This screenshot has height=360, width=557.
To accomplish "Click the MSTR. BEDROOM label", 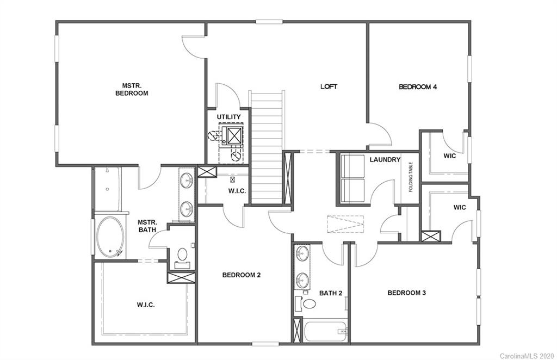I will [x=131, y=89].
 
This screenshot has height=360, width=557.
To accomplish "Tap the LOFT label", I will [x=329, y=86].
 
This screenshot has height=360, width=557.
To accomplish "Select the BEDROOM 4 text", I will [x=418, y=86].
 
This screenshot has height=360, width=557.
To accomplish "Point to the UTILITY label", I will [x=228, y=117].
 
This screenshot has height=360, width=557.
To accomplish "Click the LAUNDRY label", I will [x=385, y=160].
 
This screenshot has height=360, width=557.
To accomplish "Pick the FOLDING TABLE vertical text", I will [x=411, y=177].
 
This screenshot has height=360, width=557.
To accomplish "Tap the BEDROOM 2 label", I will [x=241, y=275].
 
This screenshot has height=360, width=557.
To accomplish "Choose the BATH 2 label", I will [x=331, y=293].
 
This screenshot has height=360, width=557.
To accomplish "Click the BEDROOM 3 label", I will [x=406, y=293].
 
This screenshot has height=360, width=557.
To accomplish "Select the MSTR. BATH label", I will [x=147, y=226].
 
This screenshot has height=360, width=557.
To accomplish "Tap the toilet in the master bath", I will [x=182, y=255].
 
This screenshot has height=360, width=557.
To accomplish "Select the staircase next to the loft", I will [x=267, y=147].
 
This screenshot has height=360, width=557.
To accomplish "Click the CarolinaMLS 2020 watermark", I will [x=526, y=354].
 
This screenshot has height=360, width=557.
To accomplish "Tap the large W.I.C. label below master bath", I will [x=145, y=305].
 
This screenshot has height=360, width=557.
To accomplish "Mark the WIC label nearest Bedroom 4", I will [x=449, y=156].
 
